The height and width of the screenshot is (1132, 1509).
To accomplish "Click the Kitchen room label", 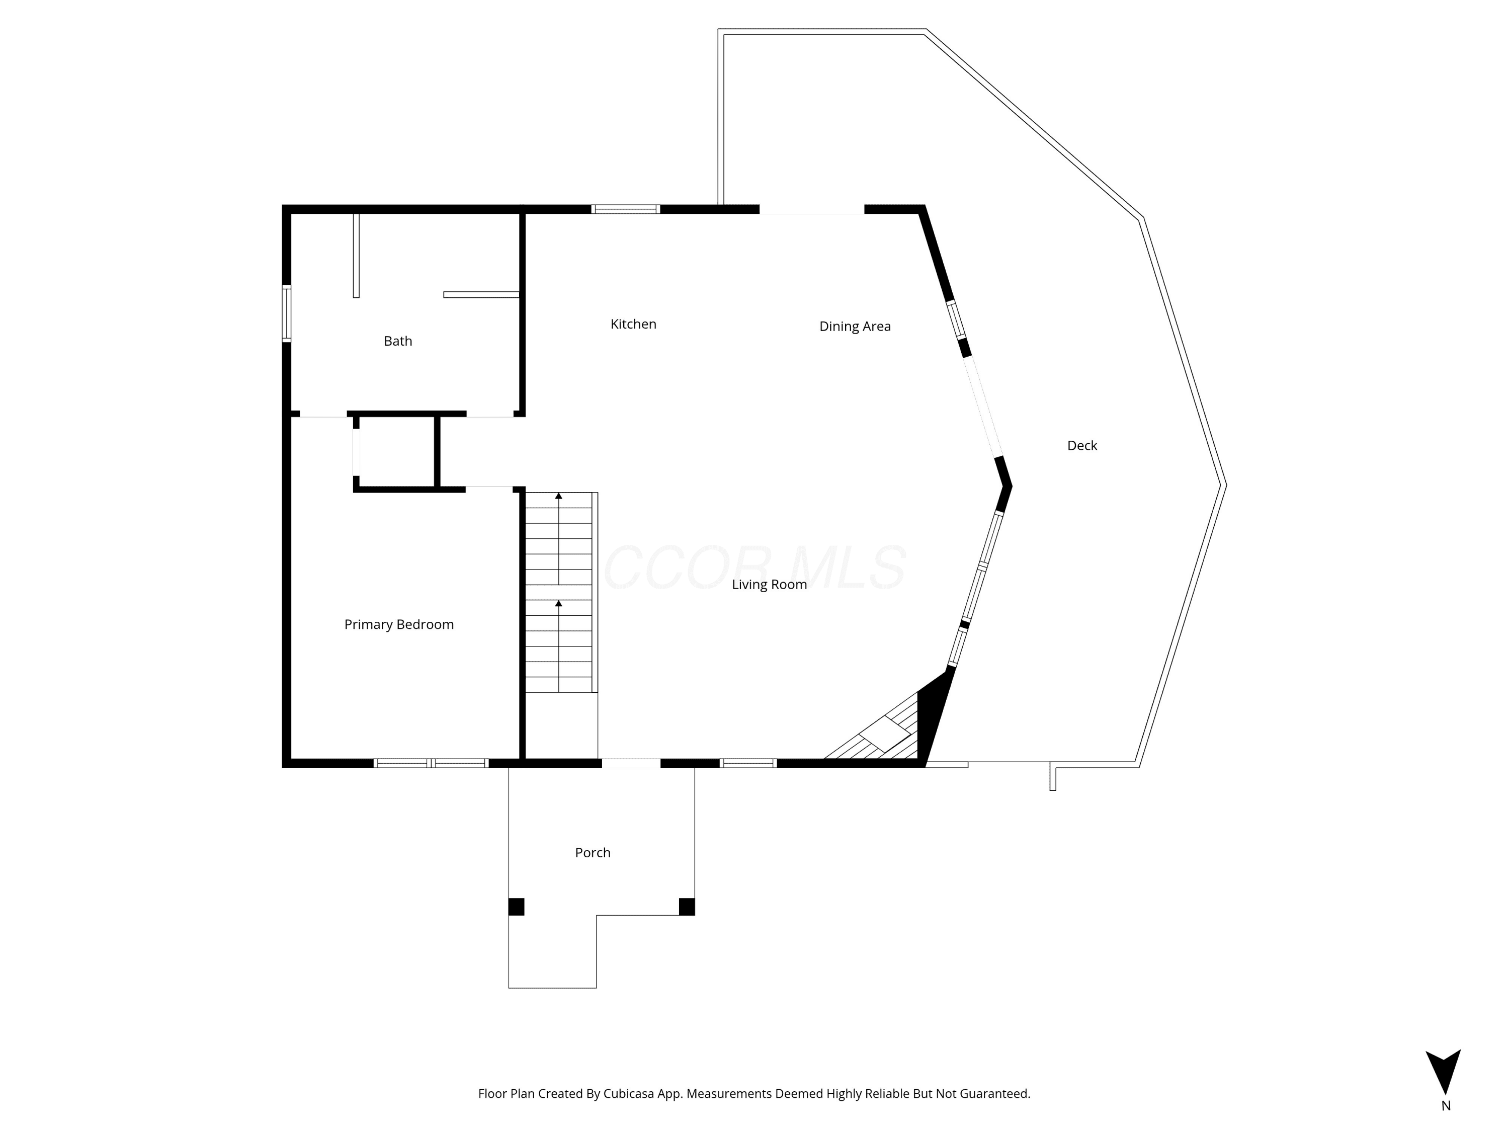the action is pos(633,324).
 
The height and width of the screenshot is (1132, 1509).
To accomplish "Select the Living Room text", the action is pos(769,585).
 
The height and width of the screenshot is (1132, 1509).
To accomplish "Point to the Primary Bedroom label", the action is pos(398,624).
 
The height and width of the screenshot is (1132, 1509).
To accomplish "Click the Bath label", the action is pos(398,341).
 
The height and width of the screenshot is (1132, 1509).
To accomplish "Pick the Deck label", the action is pos(1082,446).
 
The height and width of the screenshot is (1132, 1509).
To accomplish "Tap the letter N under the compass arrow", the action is pos(1446,1106).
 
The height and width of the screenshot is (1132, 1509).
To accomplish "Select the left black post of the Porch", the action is pos(517,907).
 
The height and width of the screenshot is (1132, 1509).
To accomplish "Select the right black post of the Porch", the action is pos(687,907).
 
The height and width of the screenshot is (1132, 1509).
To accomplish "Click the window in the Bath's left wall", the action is pos(287,313).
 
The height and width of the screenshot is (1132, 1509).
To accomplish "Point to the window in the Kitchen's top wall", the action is pos(626,209).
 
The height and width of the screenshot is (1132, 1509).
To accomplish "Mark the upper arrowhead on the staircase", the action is pos(559,496).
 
